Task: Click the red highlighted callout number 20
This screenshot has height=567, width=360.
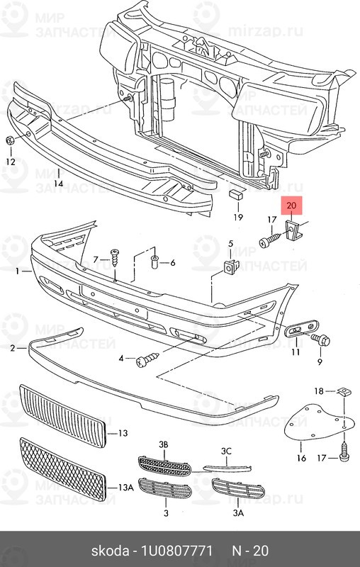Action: point(291,206)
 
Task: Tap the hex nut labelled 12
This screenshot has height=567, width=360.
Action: point(10,140)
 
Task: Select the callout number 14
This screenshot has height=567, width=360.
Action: point(58,184)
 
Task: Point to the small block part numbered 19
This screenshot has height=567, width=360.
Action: point(235,195)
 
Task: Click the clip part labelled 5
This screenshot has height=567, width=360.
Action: point(231,267)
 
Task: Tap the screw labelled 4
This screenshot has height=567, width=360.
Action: point(147,359)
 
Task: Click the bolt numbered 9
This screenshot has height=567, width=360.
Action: point(320,340)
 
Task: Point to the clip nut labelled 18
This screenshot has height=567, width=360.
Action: point(342,391)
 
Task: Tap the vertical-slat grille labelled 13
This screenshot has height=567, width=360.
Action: point(62,416)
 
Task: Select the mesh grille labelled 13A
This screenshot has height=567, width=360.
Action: point(63,469)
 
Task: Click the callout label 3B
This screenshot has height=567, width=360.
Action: point(164,445)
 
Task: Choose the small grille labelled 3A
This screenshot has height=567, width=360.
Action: point(238,488)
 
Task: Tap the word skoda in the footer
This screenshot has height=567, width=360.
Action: point(110,551)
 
